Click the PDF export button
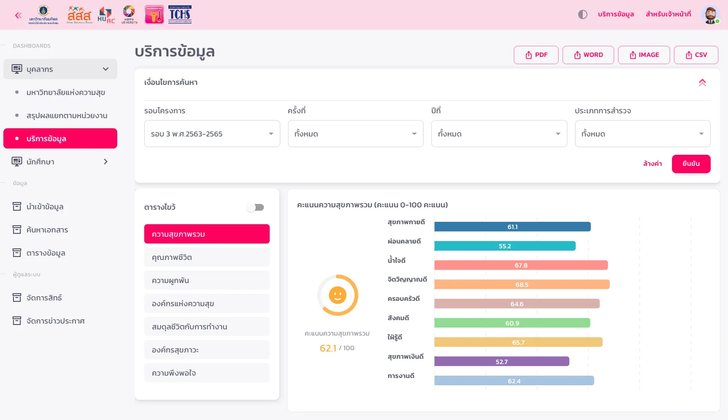pos(536,55)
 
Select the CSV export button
pos(696,55)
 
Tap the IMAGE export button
pos(644,55)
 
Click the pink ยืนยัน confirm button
pos(691,164)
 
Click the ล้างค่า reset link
pos(652,164)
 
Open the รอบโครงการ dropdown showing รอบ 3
pos(212,134)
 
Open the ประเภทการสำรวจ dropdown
pos(642,134)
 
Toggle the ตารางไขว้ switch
pos(255,207)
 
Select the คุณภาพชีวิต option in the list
pos(206,257)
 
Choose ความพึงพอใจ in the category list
pos(206,373)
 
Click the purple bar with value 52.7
pos(501,362)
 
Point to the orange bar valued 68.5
pos(522,285)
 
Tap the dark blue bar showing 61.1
pos(512,227)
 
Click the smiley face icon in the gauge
pos(337,295)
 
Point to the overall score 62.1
pos(328,348)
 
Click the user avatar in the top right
pos(710,14)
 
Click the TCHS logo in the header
pos(179,14)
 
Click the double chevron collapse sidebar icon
pos(18,15)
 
